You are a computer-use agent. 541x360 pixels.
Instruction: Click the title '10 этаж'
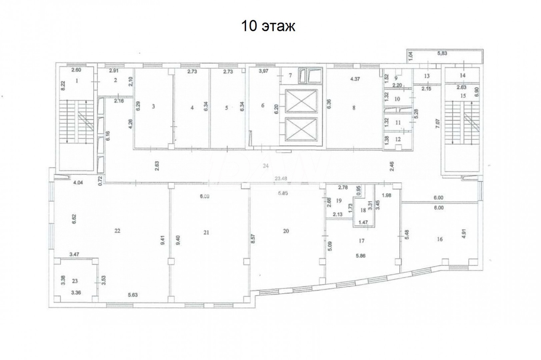tap(268, 26)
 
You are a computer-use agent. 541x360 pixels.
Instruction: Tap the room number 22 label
tap(117, 231)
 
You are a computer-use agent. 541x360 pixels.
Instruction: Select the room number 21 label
tap(206, 233)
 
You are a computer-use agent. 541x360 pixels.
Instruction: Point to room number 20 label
tap(286, 231)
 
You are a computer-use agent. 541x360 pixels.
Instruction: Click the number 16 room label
tap(440, 239)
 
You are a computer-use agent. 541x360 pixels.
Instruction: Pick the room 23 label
tap(75, 281)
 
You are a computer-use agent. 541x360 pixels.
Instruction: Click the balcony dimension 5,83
tap(442, 53)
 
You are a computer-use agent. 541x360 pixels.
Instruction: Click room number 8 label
tap(354, 108)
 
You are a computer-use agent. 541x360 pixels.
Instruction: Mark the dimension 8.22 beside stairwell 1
tap(63, 85)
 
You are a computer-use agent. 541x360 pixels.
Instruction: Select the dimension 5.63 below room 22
tap(133, 295)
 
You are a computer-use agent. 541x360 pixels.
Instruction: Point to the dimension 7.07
tap(437, 127)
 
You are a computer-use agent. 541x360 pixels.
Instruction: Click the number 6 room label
tap(263, 106)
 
